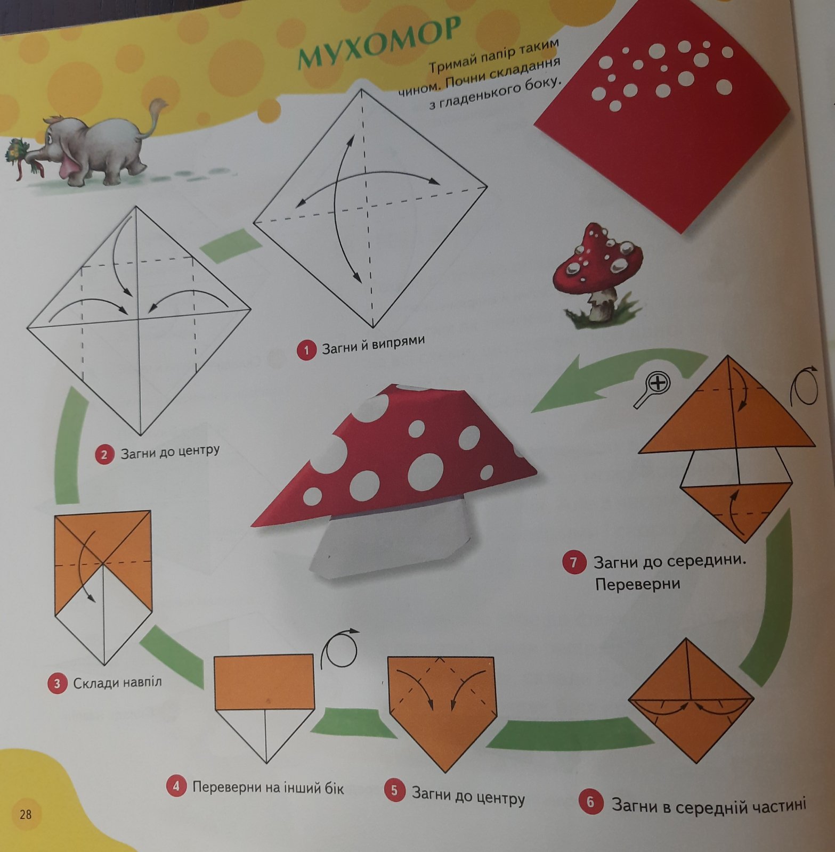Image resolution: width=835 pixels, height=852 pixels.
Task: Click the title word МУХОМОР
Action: pyautogui.click(x=378, y=43)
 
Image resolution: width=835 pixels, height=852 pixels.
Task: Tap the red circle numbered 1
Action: pyautogui.click(x=306, y=350)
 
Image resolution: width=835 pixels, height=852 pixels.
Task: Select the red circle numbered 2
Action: pyautogui.click(x=104, y=455)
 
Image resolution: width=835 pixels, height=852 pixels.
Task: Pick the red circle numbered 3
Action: pyautogui.click(x=57, y=683)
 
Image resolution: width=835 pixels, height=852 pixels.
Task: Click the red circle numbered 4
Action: pyautogui.click(x=176, y=786)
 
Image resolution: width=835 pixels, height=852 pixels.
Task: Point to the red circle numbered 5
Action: pyautogui.click(x=394, y=790)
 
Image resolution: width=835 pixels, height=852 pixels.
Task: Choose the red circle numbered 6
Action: pyautogui.click(x=590, y=801)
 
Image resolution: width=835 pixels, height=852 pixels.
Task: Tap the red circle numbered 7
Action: pyautogui.click(x=573, y=563)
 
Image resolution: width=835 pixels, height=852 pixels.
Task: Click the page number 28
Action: pyautogui.click(x=26, y=814)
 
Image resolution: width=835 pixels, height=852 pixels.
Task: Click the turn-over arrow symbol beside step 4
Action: pyautogui.click(x=339, y=649)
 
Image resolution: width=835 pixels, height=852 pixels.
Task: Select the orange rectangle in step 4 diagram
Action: pyautogui.click(x=264, y=682)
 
